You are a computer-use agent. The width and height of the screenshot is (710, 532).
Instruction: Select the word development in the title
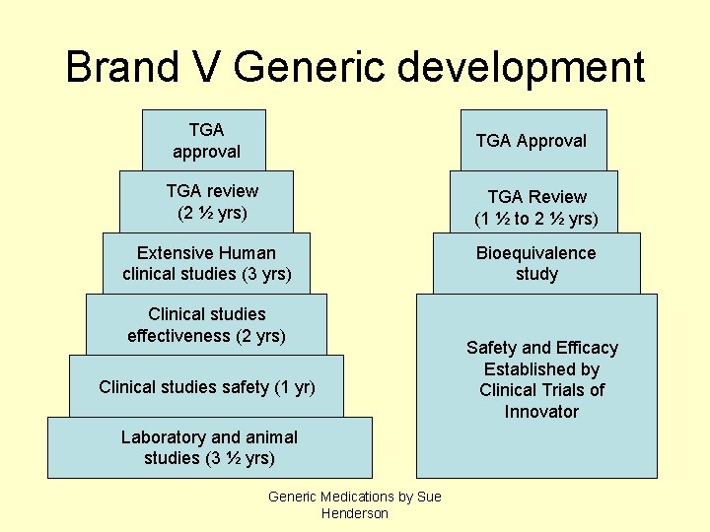pyautogui.click(x=523, y=67)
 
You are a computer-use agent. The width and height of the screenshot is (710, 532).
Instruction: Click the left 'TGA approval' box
pyautogui.click(x=204, y=140)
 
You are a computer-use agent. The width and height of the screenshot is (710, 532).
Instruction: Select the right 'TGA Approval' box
pyautogui.click(x=531, y=140)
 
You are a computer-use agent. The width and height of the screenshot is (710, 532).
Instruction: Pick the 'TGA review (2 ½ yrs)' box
pyautogui.click(x=211, y=201)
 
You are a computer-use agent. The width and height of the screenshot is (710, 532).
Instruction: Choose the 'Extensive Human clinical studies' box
pyautogui.click(x=206, y=263)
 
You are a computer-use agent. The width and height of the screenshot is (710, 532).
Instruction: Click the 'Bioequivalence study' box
pyautogui.click(x=535, y=263)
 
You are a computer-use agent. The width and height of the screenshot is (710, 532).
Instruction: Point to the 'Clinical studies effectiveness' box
pyautogui.click(x=206, y=324)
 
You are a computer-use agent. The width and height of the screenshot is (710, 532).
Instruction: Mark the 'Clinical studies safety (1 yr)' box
pyautogui.click(x=206, y=386)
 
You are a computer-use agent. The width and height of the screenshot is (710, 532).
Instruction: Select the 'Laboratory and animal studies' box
pyautogui.click(x=209, y=447)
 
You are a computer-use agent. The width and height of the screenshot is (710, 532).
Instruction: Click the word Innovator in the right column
pyautogui.click(x=541, y=411)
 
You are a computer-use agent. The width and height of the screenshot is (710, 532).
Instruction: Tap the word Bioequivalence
pyautogui.click(x=535, y=253)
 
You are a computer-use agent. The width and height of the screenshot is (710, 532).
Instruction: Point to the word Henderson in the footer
pyautogui.click(x=355, y=513)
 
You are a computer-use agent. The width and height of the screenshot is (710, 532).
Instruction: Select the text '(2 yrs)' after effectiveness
pyautogui.click(x=259, y=336)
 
